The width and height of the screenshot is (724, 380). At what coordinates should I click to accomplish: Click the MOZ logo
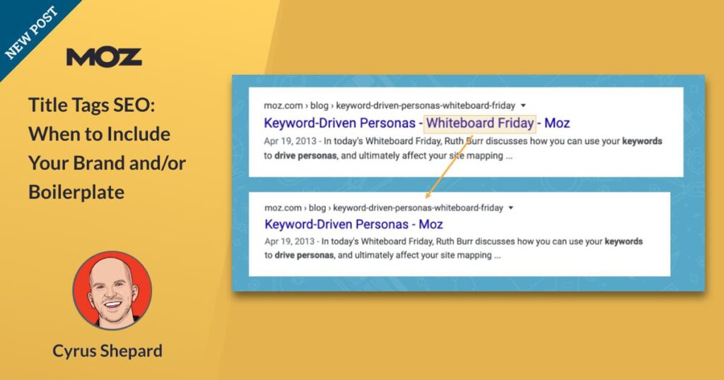coord(104,57)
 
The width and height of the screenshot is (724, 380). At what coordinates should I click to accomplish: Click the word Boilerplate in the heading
coord(76,192)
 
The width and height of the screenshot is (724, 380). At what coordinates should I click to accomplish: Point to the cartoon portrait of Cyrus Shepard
coord(112,290)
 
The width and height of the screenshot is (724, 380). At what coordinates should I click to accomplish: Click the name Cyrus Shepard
coord(107,351)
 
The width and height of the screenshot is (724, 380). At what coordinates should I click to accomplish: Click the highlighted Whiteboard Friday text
coord(480,123)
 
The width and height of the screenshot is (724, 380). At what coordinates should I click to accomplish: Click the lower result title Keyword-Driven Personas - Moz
coord(354,225)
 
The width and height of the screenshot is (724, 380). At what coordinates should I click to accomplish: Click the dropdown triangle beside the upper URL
coord(523,106)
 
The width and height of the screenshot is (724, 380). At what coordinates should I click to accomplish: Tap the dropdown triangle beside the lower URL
coord(510,208)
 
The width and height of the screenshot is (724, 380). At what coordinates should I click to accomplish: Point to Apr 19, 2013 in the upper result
coord(290,141)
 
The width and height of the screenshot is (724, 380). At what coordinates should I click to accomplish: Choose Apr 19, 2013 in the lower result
coord(289,241)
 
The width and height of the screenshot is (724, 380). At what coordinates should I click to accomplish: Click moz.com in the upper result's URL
coord(283,106)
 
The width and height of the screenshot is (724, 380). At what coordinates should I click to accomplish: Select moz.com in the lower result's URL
coord(283,208)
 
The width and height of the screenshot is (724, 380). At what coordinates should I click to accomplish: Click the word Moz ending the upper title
coord(557,123)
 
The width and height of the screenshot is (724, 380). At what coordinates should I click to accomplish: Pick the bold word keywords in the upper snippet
coord(642,141)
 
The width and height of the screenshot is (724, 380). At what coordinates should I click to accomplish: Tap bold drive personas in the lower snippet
coord(304,256)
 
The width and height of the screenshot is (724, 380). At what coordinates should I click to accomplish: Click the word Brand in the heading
coord(99,162)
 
